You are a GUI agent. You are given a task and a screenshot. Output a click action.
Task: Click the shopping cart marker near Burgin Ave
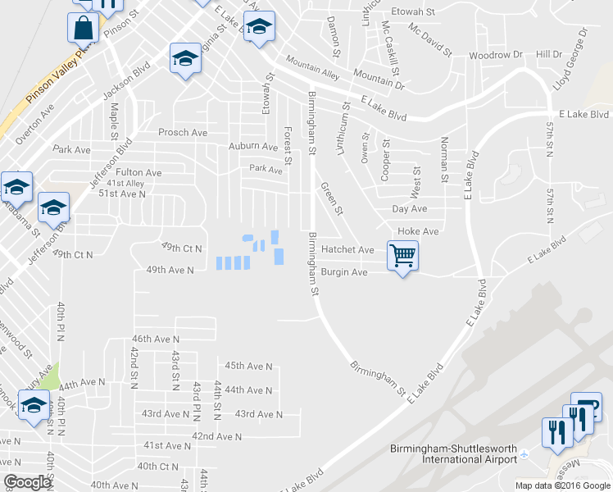coord(402,256)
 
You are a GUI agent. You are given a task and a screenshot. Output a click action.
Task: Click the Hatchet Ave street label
coord(347,249)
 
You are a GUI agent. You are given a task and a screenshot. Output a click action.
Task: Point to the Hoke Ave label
coord(418,232)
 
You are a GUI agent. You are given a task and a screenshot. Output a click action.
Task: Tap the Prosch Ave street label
coord(182,132)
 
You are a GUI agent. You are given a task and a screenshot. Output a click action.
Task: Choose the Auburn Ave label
coord(253,147)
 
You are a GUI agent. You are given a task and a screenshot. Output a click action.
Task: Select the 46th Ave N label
coord(155,339)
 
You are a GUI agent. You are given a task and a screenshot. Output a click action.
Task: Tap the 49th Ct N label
coord(181,247)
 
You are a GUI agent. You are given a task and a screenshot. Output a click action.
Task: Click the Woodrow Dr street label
coord(495,55)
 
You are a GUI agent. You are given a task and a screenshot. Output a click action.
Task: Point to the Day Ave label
coord(409,210)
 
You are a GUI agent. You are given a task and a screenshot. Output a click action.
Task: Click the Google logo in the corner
coord(27,482)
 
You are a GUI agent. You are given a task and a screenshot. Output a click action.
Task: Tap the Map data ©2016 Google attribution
coord(561,485)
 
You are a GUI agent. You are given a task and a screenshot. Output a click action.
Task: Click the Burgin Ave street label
coord(344,271)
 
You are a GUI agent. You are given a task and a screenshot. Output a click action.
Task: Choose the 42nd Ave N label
coord(216,437)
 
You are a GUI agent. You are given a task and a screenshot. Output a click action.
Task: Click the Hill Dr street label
coord(548,54)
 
